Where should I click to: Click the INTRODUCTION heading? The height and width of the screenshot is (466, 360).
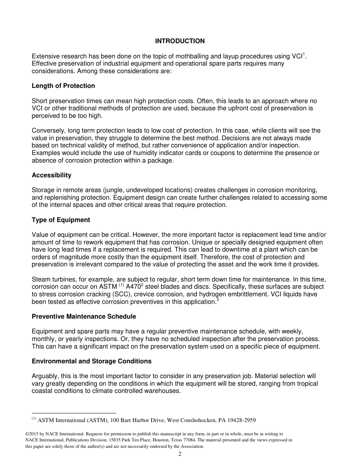(x=180, y=41)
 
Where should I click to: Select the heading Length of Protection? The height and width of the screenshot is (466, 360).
(x=63, y=86)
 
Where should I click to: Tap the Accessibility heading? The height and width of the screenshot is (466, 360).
(x=52, y=175)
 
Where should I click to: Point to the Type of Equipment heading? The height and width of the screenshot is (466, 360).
(x=61, y=220)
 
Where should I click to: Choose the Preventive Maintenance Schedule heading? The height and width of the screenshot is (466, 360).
(x=84, y=316)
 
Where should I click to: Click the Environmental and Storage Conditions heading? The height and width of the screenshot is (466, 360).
(x=91, y=361)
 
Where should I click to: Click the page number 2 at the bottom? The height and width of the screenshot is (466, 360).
(x=180, y=454)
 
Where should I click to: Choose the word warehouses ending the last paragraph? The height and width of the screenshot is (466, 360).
(x=163, y=391)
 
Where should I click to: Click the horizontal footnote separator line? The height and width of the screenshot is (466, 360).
(x=74, y=413)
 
